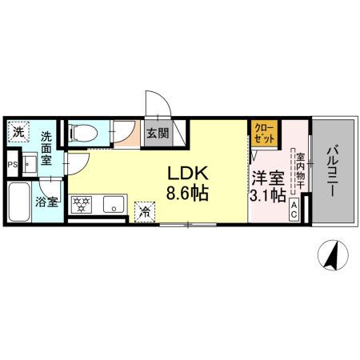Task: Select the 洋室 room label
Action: [x=266, y=178]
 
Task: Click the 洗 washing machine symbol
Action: [x=18, y=131]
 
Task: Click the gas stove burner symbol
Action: [x=82, y=206]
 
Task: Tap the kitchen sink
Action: [x=111, y=206]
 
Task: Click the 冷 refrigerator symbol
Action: [x=145, y=210]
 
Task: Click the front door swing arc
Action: [x=159, y=102]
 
